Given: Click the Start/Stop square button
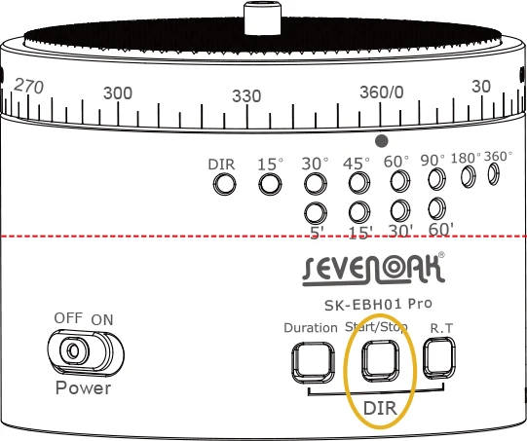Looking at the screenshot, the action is [380, 361].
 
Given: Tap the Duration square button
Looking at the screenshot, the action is [314, 363].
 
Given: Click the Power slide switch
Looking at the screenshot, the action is [86, 353].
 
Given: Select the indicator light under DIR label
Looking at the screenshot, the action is [224, 184].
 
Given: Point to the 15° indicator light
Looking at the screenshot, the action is [270, 184].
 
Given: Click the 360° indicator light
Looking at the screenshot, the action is [493, 174].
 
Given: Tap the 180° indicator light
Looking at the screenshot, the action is [469, 176].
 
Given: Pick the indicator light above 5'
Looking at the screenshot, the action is [316, 213].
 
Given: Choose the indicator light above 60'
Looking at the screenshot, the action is [437, 208].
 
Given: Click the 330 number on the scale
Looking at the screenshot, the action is [246, 96].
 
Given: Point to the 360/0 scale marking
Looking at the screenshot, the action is [382, 92].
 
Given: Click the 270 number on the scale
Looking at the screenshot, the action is [29, 86].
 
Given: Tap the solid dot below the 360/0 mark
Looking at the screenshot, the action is [382, 141].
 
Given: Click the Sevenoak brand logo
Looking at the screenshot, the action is [373, 270].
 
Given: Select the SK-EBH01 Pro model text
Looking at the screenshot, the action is [378, 305].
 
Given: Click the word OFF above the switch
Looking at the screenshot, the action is [68, 317].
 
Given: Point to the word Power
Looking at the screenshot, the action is [83, 387].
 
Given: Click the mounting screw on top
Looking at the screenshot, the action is [262, 18].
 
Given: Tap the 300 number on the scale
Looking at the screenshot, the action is [118, 93].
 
